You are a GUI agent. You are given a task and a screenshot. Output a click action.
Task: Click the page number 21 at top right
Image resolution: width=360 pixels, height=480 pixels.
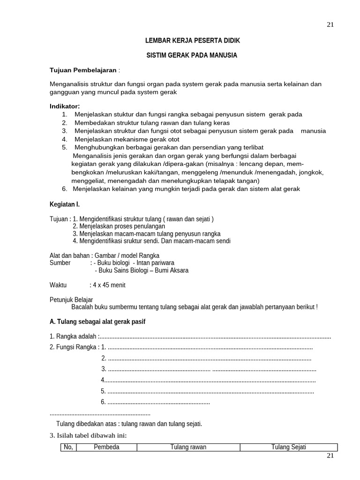tap(330, 25)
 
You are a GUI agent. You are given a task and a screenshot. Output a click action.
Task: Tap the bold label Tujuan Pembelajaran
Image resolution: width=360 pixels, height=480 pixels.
tap(83, 70)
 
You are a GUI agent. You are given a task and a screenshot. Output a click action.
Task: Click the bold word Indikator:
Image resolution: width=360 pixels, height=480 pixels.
tap(65, 106)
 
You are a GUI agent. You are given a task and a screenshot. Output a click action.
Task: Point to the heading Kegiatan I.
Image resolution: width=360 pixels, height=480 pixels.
tap(65, 204)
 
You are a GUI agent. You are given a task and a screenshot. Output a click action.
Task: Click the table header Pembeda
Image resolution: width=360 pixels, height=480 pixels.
tap(106, 447)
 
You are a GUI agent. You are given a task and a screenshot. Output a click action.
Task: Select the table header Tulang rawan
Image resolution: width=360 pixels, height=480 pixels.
tap(188, 447)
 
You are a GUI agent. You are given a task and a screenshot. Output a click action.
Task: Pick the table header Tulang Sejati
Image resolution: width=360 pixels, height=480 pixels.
tap(288, 447)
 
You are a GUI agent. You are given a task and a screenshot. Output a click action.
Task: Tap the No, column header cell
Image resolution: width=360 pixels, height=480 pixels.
tap(68, 447)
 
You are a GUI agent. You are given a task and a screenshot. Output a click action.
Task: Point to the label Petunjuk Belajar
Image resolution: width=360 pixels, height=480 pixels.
tap(71, 300)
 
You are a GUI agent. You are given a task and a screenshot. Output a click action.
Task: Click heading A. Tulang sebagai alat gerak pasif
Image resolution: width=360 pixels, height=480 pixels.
tap(100, 322)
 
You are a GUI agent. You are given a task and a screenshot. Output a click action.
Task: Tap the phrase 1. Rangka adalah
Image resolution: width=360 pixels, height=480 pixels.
tap(73, 337)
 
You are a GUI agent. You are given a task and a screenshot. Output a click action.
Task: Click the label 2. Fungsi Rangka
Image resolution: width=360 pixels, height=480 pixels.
tap(74, 347)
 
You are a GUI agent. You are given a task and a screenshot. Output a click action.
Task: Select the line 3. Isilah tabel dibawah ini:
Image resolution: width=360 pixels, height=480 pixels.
tap(88, 435)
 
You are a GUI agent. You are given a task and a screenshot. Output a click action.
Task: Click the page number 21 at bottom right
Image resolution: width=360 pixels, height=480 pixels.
tap(330, 456)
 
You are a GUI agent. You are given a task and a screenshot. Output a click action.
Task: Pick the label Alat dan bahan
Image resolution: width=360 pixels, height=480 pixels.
tap(70, 255)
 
